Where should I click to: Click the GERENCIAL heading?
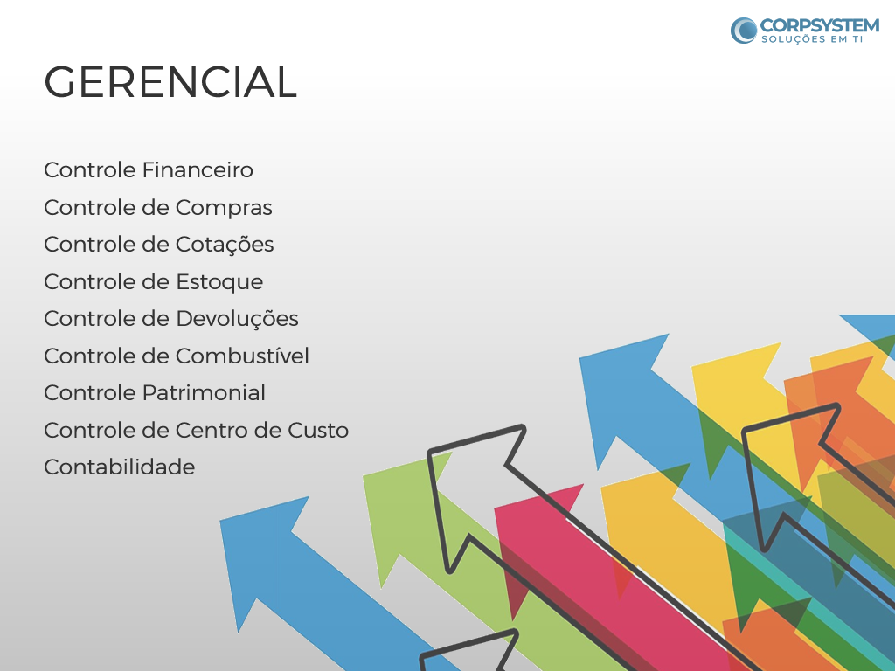170,82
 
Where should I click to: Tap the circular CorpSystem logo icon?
744,31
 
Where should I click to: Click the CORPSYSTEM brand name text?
820,25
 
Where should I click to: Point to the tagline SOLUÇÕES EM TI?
812,39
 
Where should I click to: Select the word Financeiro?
197,170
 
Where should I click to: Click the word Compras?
224,208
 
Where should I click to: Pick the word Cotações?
225,246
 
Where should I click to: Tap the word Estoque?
219,282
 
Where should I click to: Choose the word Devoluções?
237,319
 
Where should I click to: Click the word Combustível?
242,356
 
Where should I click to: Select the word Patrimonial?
203,393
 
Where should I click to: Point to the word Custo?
318,430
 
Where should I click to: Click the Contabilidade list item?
119,467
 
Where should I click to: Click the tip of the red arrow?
496,508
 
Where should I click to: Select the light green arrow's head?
399,514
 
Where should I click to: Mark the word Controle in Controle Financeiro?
90,170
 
